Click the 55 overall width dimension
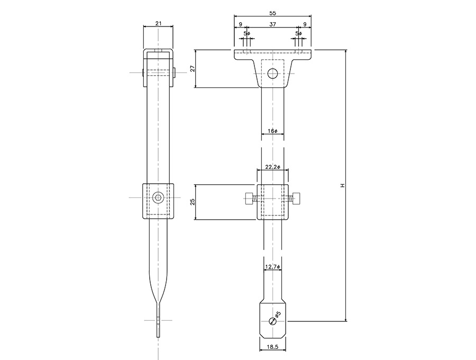click(x=272, y=13)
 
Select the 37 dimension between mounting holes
click(x=272, y=24)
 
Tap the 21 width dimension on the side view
click(x=158, y=23)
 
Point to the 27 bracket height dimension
click(x=192, y=68)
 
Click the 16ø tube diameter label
click(x=272, y=131)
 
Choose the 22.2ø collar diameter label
click(x=272, y=167)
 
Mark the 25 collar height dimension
click(x=192, y=202)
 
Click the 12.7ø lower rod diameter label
click(x=272, y=266)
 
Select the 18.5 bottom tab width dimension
click(x=272, y=347)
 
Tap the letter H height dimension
click(x=342, y=185)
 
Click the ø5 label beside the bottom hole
click(x=278, y=314)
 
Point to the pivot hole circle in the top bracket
click(x=272, y=73)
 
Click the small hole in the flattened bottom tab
click(x=272, y=321)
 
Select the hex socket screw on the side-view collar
click(x=158, y=197)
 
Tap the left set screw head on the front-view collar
click(x=249, y=198)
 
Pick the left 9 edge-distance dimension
click(x=240, y=24)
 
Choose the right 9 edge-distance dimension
click(x=305, y=24)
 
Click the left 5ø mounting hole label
click(x=246, y=33)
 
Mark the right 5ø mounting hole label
click(x=299, y=33)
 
